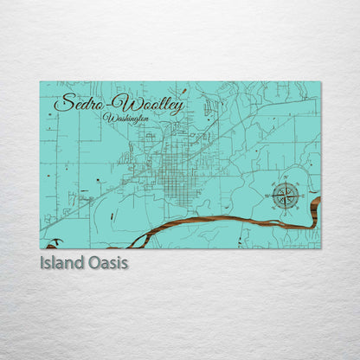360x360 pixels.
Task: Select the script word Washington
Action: pos(125,118)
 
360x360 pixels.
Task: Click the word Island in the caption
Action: pos(61,261)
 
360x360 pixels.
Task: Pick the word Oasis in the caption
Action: pos(106,261)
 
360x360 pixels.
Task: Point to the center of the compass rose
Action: pos(285,196)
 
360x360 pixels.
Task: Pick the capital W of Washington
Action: pos(107,117)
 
